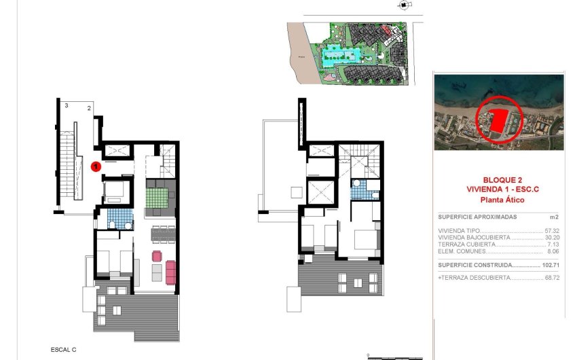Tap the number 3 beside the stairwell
click(67, 106)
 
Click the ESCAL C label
click(63, 349)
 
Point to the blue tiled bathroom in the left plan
click(120, 218)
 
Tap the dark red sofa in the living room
click(170, 272)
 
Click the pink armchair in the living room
click(157, 256)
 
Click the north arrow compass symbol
click(405, 5)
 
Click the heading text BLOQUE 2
click(500, 180)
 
